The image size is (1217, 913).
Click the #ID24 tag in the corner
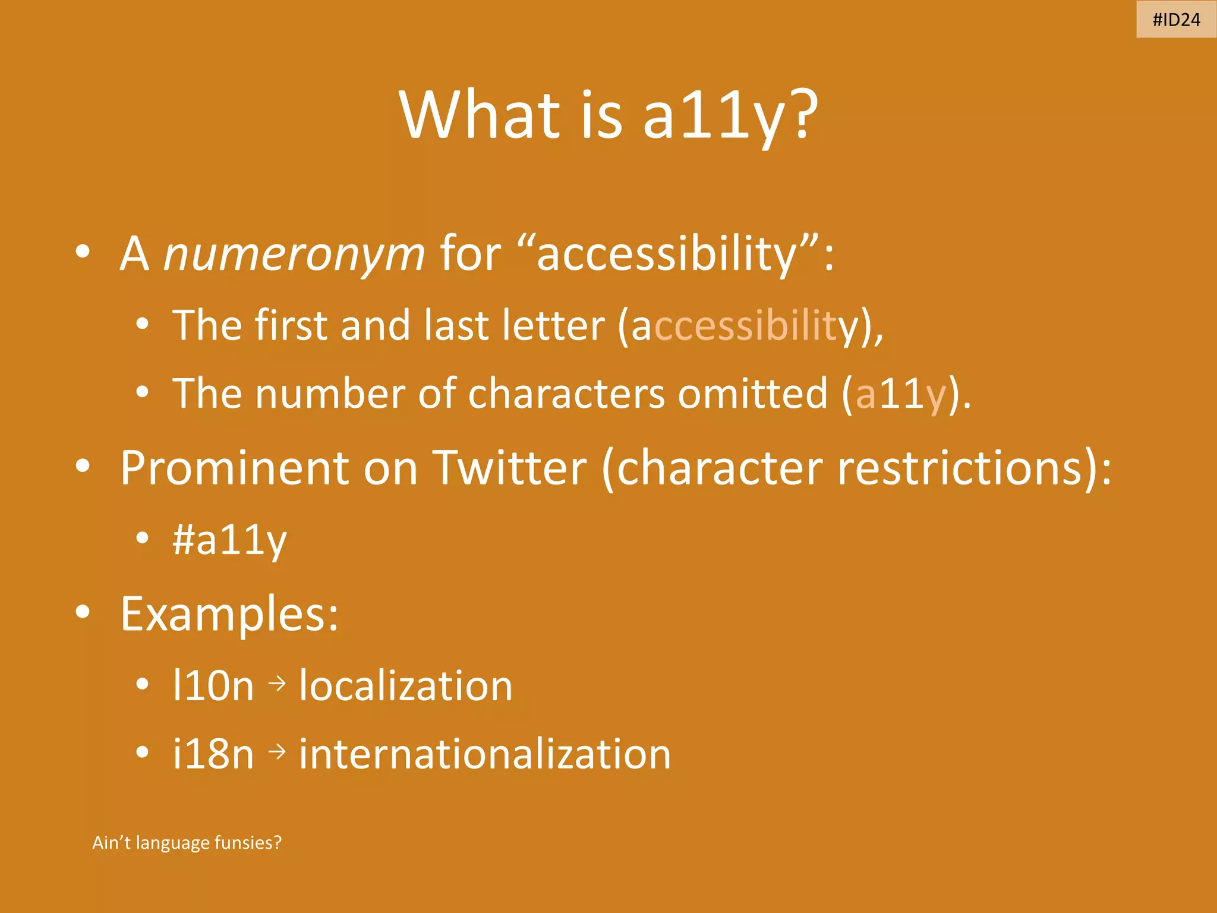coord(1176,20)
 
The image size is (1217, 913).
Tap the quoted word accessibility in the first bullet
coord(666,254)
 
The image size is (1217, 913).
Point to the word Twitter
coord(509,468)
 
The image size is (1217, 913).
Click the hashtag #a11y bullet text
coord(229,540)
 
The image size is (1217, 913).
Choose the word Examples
coord(229,614)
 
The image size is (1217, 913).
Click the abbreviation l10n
coord(213,686)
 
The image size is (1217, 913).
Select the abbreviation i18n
coord(213,754)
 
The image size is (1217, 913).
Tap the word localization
coord(405,686)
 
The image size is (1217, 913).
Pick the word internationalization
coord(485,754)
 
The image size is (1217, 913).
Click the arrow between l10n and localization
coord(277,684)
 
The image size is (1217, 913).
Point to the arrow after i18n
coord(277,752)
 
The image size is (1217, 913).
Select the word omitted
coord(752,393)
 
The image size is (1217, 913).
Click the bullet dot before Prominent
coord(83,466)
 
